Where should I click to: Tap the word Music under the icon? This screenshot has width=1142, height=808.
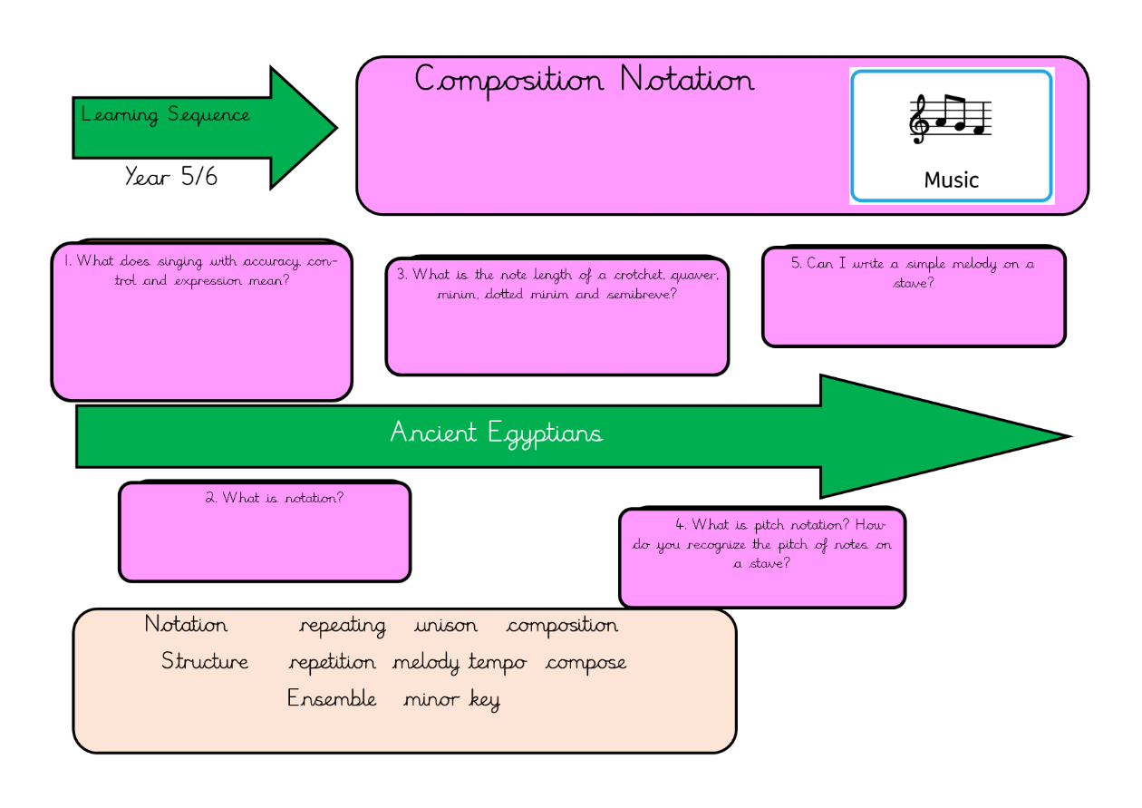[x=951, y=180]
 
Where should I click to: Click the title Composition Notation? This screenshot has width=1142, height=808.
[x=584, y=81]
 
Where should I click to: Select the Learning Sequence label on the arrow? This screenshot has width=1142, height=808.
[x=165, y=115]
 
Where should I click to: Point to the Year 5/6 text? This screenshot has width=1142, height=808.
[x=171, y=176]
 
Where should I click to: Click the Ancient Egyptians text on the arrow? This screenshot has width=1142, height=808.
[x=496, y=433]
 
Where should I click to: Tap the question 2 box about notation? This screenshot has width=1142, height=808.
[x=265, y=531]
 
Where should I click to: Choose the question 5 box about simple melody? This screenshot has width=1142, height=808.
[x=914, y=297]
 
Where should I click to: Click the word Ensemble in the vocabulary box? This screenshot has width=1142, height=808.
[x=332, y=698]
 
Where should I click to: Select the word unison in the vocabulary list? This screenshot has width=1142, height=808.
[x=445, y=626]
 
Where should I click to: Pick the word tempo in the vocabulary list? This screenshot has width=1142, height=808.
[x=498, y=663]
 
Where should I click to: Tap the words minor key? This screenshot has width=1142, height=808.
[x=451, y=699]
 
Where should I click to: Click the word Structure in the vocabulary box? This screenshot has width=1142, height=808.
[x=205, y=661]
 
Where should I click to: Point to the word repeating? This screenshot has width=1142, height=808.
[x=342, y=626]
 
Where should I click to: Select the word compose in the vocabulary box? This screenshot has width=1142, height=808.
[x=586, y=663]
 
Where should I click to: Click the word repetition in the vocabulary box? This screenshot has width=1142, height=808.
[x=332, y=663]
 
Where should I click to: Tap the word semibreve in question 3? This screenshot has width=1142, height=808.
[x=640, y=295]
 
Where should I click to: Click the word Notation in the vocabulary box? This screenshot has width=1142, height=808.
[x=186, y=625]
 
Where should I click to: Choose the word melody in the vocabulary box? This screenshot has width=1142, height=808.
[x=426, y=663]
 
